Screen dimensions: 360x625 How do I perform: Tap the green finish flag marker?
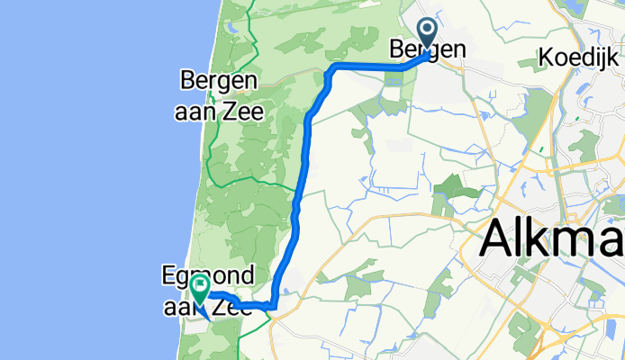(198, 289)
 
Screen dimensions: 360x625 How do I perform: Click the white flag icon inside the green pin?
(198, 286)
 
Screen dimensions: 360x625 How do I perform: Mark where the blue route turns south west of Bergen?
(332, 69)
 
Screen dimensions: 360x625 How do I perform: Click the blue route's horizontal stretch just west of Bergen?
(369, 67)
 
